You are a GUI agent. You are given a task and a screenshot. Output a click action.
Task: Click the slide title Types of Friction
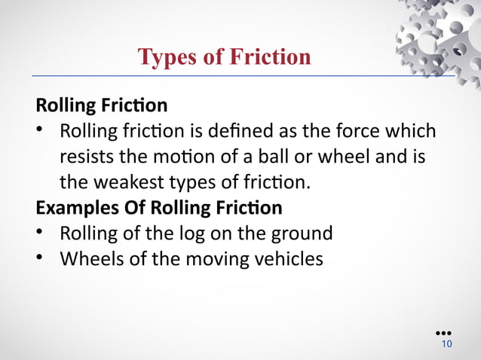click(x=224, y=57)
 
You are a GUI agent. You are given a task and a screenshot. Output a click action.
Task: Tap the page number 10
click(x=446, y=344)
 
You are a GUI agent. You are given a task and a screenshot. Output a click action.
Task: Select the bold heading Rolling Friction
click(x=101, y=105)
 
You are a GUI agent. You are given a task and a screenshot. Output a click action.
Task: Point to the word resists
click(x=85, y=157)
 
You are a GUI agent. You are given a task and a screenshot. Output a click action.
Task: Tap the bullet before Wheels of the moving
click(x=41, y=259)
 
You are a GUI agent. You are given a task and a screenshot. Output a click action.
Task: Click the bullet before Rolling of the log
click(x=41, y=233)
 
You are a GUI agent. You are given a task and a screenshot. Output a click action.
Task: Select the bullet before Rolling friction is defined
click(x=41, y=131)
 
